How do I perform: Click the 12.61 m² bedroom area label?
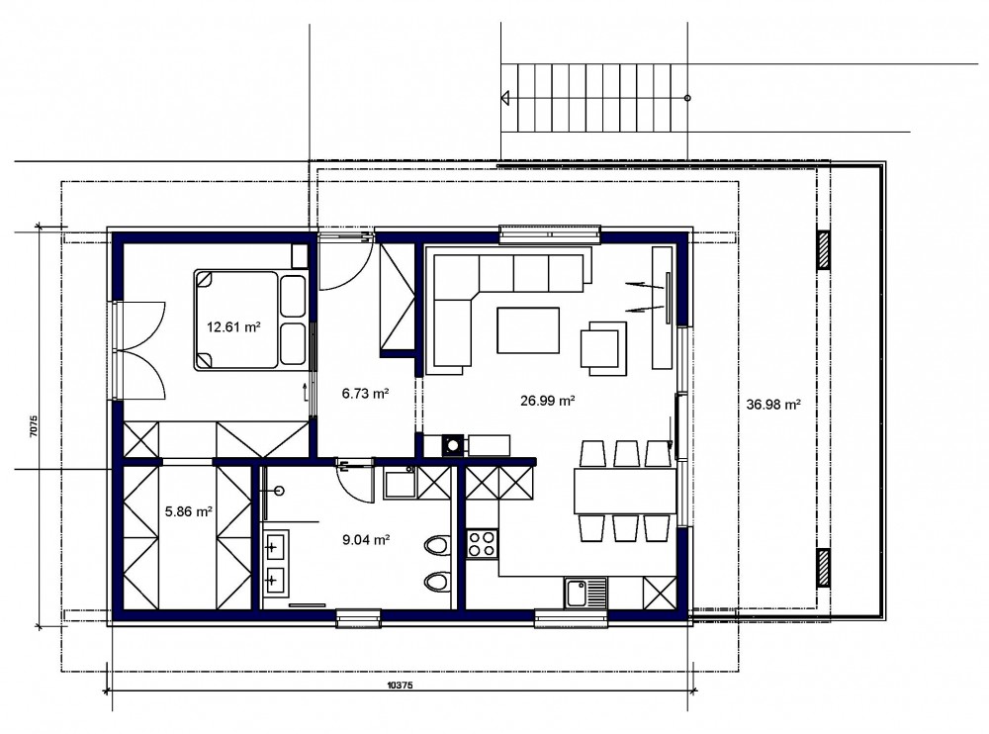pyautogui.click(x=234, y=326)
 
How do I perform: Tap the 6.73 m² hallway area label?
pyautogui.click(x=365, y=394)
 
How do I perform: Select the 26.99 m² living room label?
pyautogui.click(x=548, y=400)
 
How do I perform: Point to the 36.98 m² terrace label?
pyautogui.click(x=773, y=405)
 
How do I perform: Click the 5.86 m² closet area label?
pyautogui.click(x=189, y=511)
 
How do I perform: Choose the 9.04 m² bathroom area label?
pyautogui.click(x=366, y=539)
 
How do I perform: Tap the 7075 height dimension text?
pyautogui.click(x=34, y=426)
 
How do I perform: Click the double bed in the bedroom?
pyautogui.click(x=251, y=320)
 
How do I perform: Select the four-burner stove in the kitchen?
pyautogui.click(x=482, y=543)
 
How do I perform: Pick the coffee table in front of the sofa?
pyautogui.click(x=528, y=330)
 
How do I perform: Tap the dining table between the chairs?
pyautogui.click(x=625, y=491)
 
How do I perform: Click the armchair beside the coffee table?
pyautogui.click(x=603, y=348)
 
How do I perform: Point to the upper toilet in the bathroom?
pyautogui.click(x=437, y=546)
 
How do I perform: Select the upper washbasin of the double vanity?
pyautogui.click(x=275, y=547)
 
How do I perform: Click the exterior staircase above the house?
pyautogui.click(x=593, y=98)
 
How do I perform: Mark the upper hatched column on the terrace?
pyautogui.click(x=824, y=250)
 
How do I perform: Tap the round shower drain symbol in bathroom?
pyautogui.click(x=280, y=490)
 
